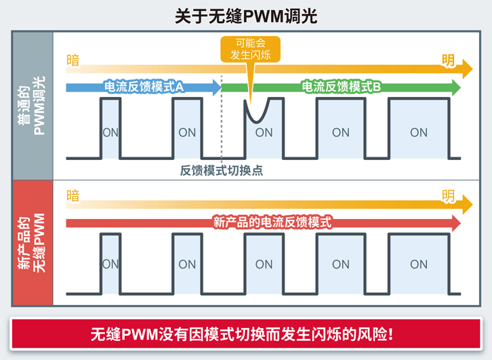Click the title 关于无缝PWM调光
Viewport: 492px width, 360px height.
pyautogui.click(x=245, y=16)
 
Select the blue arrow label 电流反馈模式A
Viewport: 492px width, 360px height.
pyautogui.click(x=144, y=87)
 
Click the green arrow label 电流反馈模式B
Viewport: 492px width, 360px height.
pyautogui.click(x=341, y=87)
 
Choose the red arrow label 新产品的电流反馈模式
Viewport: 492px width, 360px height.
pyautogui.click(x=272, y=222)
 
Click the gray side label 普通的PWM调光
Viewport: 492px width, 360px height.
pyautogui.click(x=32, y=104)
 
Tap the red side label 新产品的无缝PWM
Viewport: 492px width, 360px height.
pyautogui.click(x=32, y=243)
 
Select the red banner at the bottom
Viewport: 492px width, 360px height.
pyautogui.click(x=245, y=334)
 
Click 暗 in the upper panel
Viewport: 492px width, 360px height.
pyautogui.click(x=73, y=61)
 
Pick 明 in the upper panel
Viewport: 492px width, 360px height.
pyautogui.click(x=448, y=61)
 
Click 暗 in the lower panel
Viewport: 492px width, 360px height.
pyautogui.click(x=73, y=197)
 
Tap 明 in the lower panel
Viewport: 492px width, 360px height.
pyautogui.click(x=448, y=197)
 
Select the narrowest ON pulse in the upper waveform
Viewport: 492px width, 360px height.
pyautogui.click(x=110, y=129)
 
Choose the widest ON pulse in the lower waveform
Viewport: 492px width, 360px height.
pyautogui.click(x=418, y=264)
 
